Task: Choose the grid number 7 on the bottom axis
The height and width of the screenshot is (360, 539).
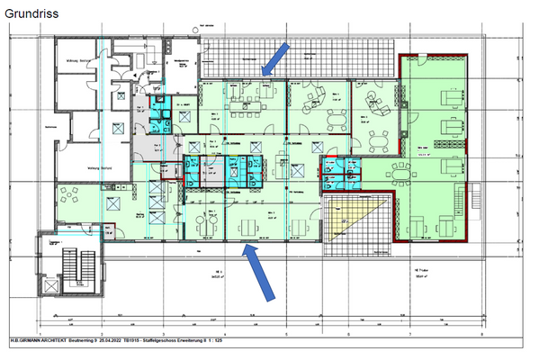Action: [x=410, y=332]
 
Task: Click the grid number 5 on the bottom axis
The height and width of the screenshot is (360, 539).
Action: [x=286, y=332]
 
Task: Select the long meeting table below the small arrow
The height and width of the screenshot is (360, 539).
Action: [x=243, y=105]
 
